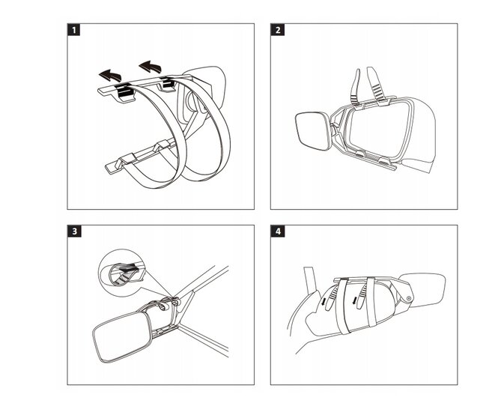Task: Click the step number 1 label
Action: (x=74, y=30)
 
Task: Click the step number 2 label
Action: (x=278, y=30)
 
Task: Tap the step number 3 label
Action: (x=74, y=231)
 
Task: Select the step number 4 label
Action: (x=278, y=231)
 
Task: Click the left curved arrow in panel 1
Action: (x=111, y=75)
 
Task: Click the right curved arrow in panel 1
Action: (x=151, y=67)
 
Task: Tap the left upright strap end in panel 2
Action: (x=356, y=86)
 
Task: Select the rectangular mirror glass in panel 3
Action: (x=123, y=337)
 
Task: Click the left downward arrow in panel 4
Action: (x=324, y=301)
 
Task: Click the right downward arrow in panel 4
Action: (x=354, y=300)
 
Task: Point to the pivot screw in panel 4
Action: (x=409, y=298)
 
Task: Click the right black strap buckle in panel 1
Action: (x=167, y=82)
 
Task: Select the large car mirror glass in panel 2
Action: (x=378, y=129)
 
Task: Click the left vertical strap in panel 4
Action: (x=343, y=306)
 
